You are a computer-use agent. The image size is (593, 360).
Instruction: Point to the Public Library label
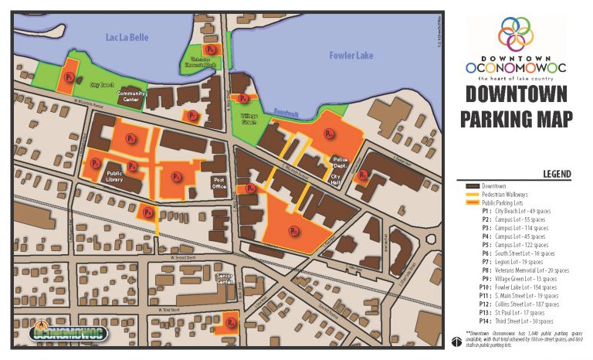(x=116, y=175)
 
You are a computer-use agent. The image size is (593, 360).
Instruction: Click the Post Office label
(x=219, y=182)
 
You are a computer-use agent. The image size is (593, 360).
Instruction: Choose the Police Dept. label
(x=338, y=163)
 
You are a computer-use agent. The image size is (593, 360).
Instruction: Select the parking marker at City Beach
(x=69, y=77)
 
